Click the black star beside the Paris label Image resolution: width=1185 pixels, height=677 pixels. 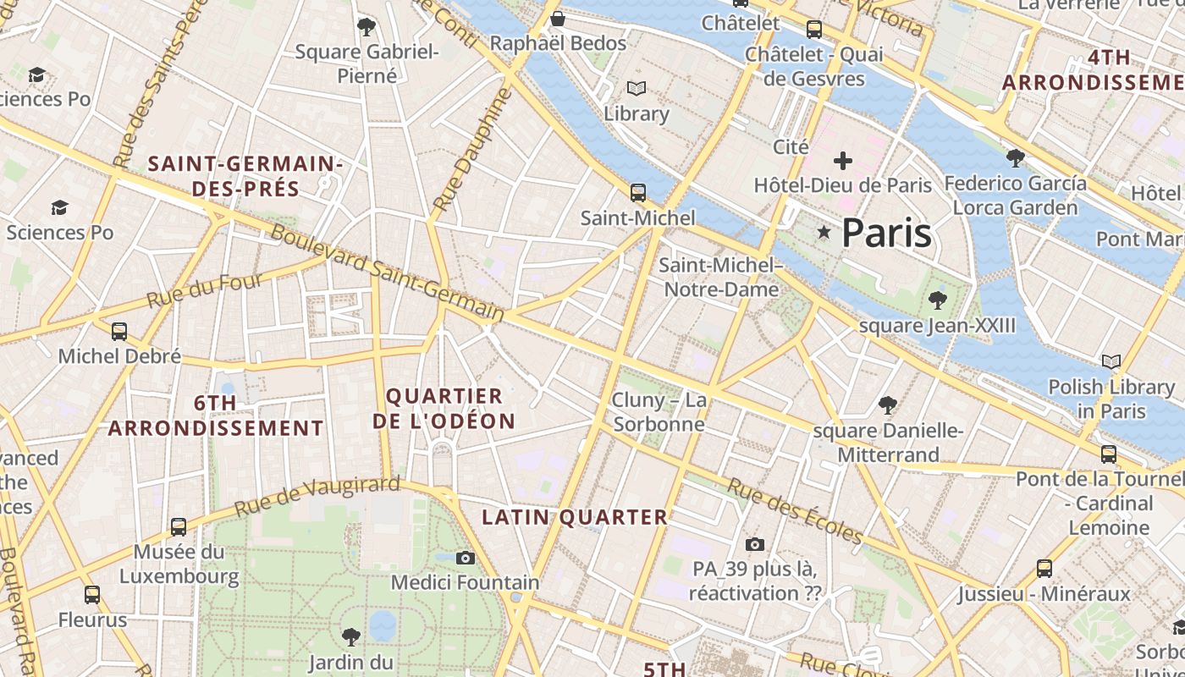823,232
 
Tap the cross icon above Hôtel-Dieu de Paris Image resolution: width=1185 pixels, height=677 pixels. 842,160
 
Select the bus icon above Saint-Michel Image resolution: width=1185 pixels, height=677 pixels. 638,193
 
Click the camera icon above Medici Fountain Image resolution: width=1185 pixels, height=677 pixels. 465,558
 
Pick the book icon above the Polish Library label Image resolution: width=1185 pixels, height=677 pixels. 1111,362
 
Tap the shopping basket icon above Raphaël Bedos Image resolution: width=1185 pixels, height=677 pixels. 558,19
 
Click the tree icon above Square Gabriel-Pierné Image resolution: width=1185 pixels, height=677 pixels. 366,27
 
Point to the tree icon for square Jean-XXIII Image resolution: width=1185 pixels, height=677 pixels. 937,300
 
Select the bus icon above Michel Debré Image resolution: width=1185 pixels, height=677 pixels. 119,331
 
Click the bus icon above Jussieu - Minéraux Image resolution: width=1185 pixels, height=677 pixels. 1044,569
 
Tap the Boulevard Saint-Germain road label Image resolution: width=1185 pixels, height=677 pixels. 388,272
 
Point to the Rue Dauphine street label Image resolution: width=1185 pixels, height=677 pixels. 473,151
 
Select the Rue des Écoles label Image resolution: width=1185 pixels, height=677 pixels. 795,512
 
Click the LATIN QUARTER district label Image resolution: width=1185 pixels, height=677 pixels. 575,517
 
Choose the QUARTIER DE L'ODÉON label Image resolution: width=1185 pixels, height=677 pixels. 444,409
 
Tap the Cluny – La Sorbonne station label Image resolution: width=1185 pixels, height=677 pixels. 659,411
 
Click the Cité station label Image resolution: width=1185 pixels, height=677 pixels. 791,146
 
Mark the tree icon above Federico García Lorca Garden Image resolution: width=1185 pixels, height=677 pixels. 1015,157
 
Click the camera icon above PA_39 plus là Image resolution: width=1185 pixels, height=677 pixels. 755,544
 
